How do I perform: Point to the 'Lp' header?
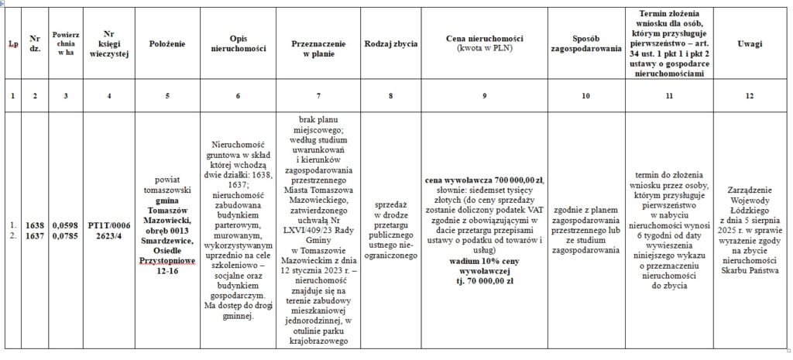pos(14,43)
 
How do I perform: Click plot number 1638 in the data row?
pos(34,225)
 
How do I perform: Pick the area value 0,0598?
pos(64,225)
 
